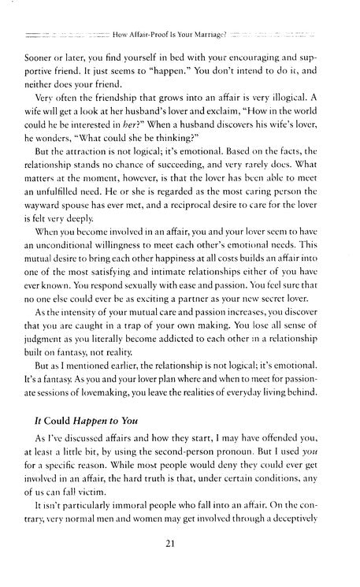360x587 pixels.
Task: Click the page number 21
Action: [x=180, y=566]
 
